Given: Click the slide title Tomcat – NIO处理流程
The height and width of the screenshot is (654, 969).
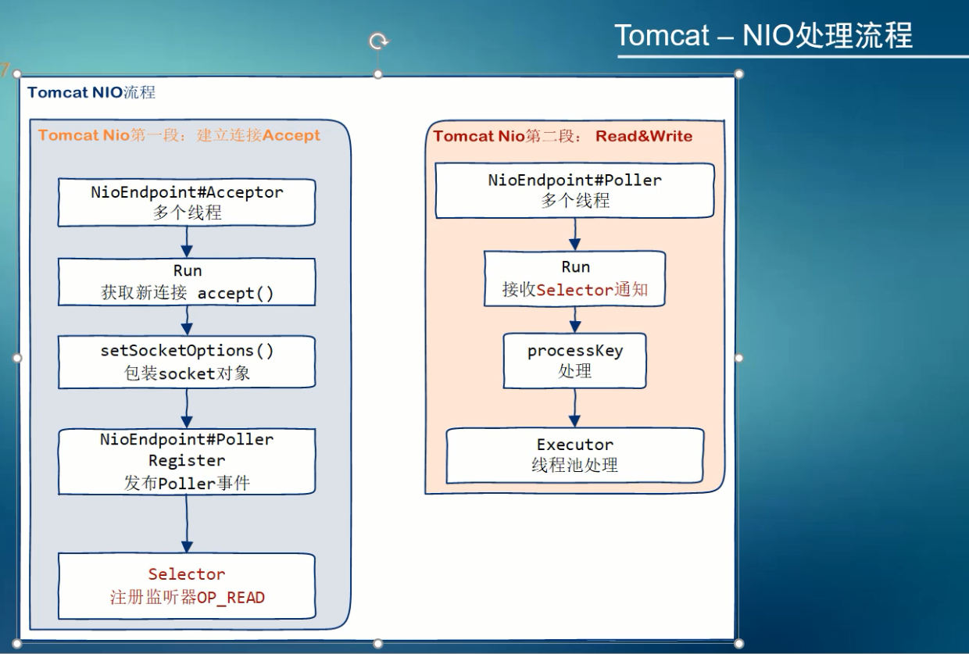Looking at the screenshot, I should click(763, 35).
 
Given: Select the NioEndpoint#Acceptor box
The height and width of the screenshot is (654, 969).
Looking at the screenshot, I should click(187, 202).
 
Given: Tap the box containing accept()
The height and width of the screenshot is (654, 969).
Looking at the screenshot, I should click(187, 282).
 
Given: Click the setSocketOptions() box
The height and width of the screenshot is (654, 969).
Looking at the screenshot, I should click(187, 362).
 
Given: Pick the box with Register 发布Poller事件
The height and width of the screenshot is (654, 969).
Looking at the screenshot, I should click(187, 461).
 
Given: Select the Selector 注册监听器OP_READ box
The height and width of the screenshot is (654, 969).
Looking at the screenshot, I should click(187, 586).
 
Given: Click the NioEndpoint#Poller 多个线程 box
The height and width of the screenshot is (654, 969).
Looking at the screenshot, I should click(574, 190).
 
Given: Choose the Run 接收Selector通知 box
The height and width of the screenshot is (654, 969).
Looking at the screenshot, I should click(574, 279).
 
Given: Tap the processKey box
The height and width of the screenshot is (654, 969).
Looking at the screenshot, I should click(574, 360).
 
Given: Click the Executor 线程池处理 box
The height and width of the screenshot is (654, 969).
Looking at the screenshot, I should click(574, 455).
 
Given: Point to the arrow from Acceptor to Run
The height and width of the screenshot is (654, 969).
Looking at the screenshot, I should click(187, 241).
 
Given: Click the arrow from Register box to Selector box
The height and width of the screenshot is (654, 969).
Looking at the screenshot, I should click(187, 524).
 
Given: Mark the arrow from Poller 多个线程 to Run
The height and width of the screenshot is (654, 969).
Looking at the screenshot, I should click(574, 234).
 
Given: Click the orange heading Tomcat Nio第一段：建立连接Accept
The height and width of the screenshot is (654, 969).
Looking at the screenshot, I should click(179, 135).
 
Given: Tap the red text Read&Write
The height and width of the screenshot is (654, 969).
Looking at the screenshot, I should click(644, 136).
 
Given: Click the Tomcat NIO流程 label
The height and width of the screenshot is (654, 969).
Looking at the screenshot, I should click(91, 93).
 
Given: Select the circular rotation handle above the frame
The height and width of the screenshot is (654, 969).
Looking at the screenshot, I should click(379, 41).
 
